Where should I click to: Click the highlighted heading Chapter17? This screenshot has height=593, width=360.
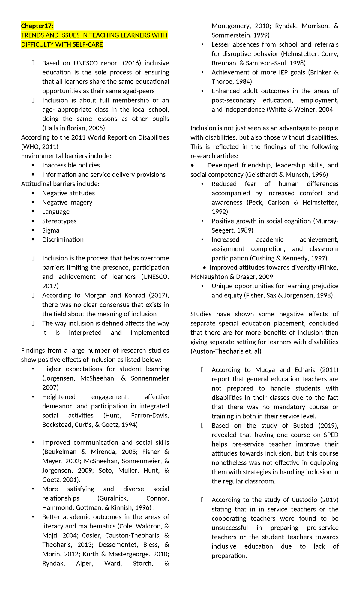pos(37,26)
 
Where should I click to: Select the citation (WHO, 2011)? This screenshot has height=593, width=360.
pos(40,147)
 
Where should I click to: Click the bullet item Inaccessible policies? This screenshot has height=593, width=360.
pos(71,165)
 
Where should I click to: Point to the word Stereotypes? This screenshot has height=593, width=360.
pos(59,221)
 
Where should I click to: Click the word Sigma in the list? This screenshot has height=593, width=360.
pos(51,230)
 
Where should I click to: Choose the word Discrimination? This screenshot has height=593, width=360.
pos(63,240)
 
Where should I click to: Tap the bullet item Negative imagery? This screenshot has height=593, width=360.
pos(67,203)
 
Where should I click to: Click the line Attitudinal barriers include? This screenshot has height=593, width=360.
pos(60,184)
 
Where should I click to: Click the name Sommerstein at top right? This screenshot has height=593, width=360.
pos(231,35)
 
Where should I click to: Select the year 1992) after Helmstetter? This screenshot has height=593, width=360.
pos(220,212)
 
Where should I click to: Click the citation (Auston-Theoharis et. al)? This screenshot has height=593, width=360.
pos(226,351)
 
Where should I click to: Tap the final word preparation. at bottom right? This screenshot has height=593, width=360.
pos(229,556)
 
